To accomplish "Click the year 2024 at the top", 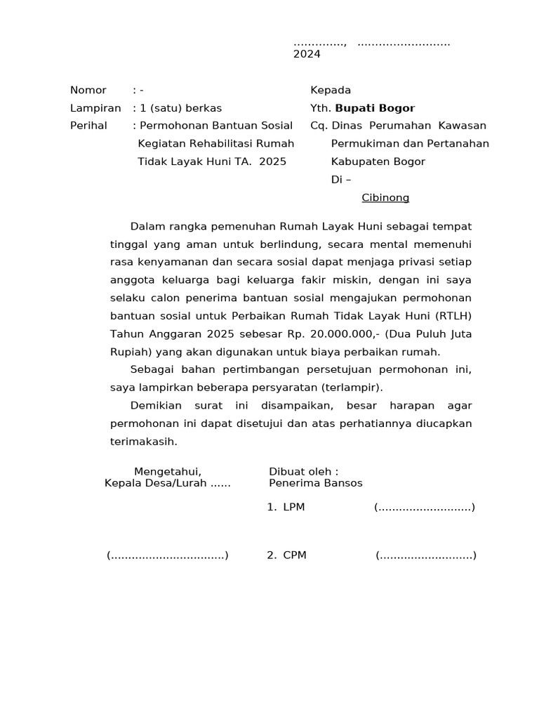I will [307, 55].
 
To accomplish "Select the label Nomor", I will [88, 90].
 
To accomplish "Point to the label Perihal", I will [88, 126].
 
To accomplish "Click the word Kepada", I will [331, 90].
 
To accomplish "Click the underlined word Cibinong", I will [385, 198].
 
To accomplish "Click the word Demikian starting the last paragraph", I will [156, 406].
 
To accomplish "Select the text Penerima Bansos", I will [316, 483].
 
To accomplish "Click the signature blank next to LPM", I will [425, 507].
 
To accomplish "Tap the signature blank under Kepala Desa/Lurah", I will [168, 555].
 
